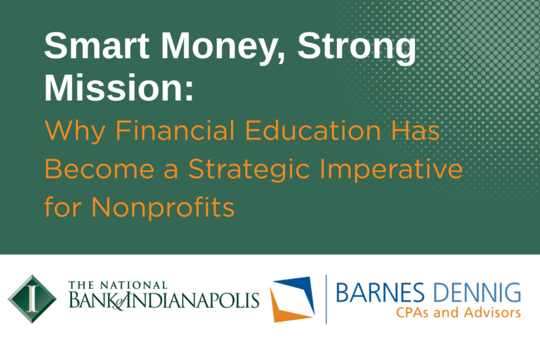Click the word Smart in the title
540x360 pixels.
click(97, 46)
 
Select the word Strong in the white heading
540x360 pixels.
click(357, 48)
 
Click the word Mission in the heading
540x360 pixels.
click(119, 87)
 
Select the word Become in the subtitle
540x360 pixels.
click(99, 169)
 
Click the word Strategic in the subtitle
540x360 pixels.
click(249, 170)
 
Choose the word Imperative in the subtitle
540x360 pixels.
click(391, 170)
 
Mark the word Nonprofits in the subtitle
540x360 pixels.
click(163, 208)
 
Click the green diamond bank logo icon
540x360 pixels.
click(32, 299)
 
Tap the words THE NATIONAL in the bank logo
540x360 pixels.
click(118, 285)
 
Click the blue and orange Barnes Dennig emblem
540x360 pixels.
click(292, 299)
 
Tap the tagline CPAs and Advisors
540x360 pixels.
click(458, 313)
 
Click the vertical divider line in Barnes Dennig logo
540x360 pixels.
click(326, 299)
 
